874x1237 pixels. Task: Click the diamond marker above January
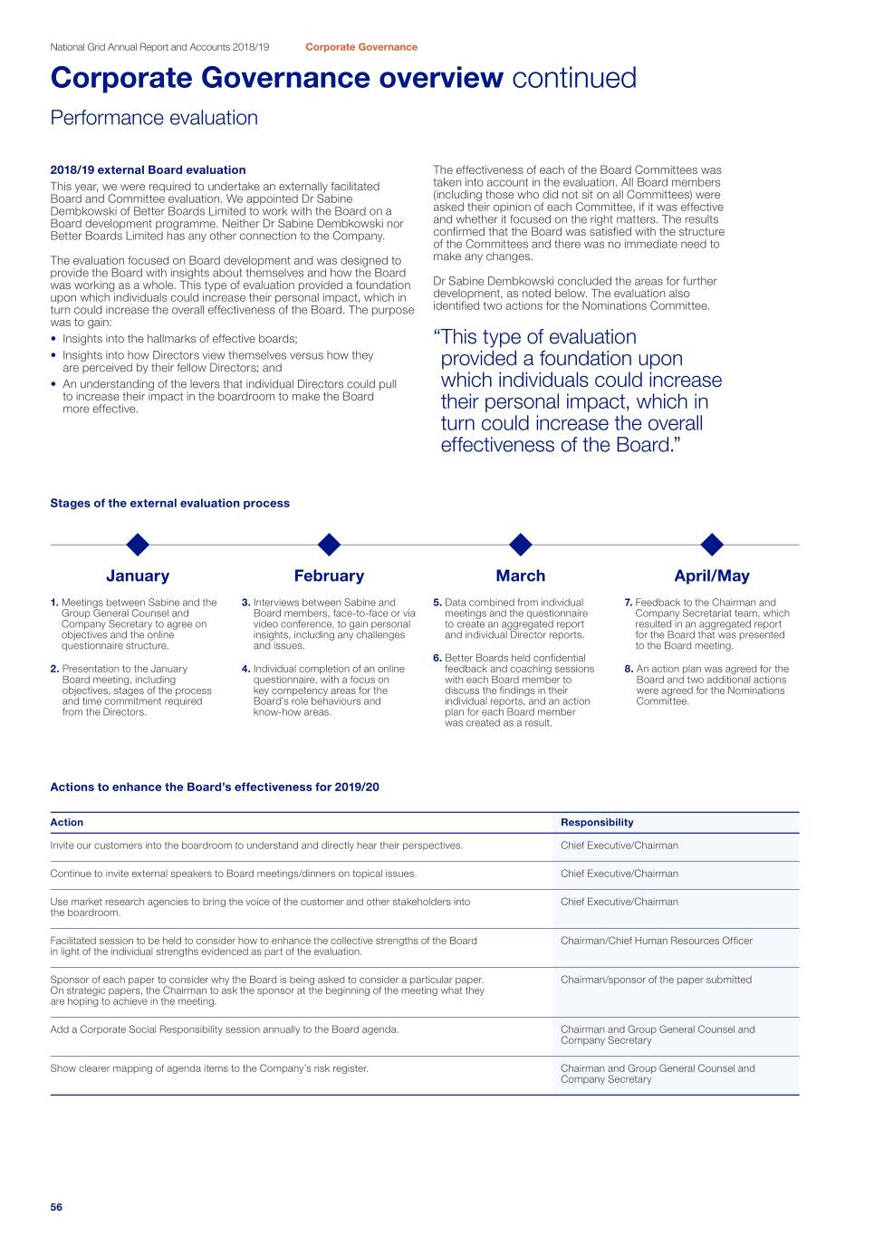[x=138, y=545]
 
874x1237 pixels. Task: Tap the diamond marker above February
[x=330, y=545]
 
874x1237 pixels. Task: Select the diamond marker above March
[x=521, y=545]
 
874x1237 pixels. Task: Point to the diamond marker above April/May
[x=713, y=545]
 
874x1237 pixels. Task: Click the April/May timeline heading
[x=712, y=575]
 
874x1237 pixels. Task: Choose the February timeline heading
[x=329, y=575]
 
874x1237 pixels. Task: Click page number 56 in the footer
[x=56, y=1207]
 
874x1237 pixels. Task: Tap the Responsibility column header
[x=597, y=823]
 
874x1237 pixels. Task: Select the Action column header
[x=66, y=823]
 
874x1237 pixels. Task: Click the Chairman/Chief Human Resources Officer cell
[x=657, y=941]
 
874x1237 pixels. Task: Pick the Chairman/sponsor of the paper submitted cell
[x=656, y=980]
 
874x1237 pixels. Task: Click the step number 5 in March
[x=437, y=603]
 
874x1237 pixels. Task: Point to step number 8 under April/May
[x=629, y=670]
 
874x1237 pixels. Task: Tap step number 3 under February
[x=245, y=603]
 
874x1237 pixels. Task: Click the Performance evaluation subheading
[x=154, y=118]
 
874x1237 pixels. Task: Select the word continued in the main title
[x=574, y=78]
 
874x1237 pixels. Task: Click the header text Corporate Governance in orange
[x=361, y=47]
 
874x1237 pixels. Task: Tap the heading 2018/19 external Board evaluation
[x=148, y=169]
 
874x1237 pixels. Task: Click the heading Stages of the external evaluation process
[x=169, y=503]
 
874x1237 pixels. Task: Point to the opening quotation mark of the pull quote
[x=437, y=337]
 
